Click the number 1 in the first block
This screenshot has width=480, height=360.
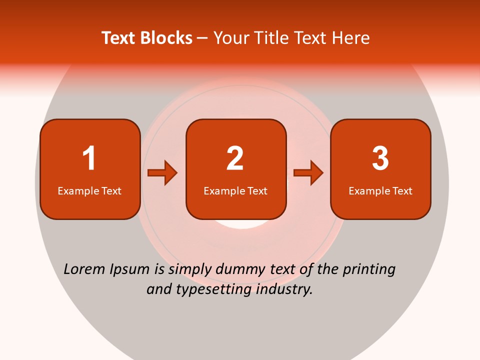pos(89,158)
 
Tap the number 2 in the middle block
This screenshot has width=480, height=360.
pos(235,158)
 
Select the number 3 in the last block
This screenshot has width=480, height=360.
pos(380,158)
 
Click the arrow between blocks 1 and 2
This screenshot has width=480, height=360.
pos(162,173)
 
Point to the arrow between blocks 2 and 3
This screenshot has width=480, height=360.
pos(308,173)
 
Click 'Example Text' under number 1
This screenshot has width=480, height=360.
pos(89,191)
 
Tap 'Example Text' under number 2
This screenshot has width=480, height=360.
pos(235,191)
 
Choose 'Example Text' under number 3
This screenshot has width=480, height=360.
pos(380,191)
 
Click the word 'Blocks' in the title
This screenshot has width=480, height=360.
pos(166,38)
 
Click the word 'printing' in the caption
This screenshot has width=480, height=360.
pos(369,270)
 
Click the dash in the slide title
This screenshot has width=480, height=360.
pos(202,38)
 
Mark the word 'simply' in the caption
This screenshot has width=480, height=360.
pos(190,270)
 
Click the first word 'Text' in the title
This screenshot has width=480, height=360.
pos(119,38)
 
